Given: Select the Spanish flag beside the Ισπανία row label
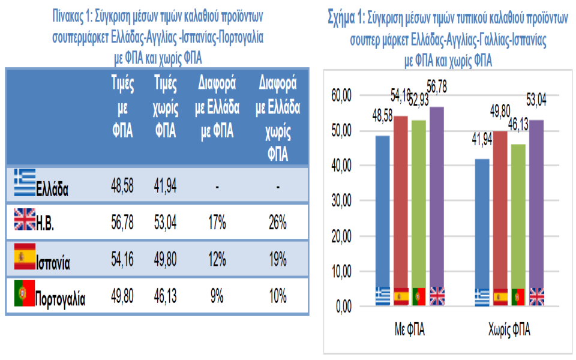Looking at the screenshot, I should pos(25,257).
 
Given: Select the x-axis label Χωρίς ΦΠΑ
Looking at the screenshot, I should pos(509,330).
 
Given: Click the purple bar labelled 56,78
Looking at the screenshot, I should pos(437,204).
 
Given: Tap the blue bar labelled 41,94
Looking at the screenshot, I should pos(482,228).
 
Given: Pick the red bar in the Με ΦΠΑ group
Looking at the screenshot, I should pos(400,204).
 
